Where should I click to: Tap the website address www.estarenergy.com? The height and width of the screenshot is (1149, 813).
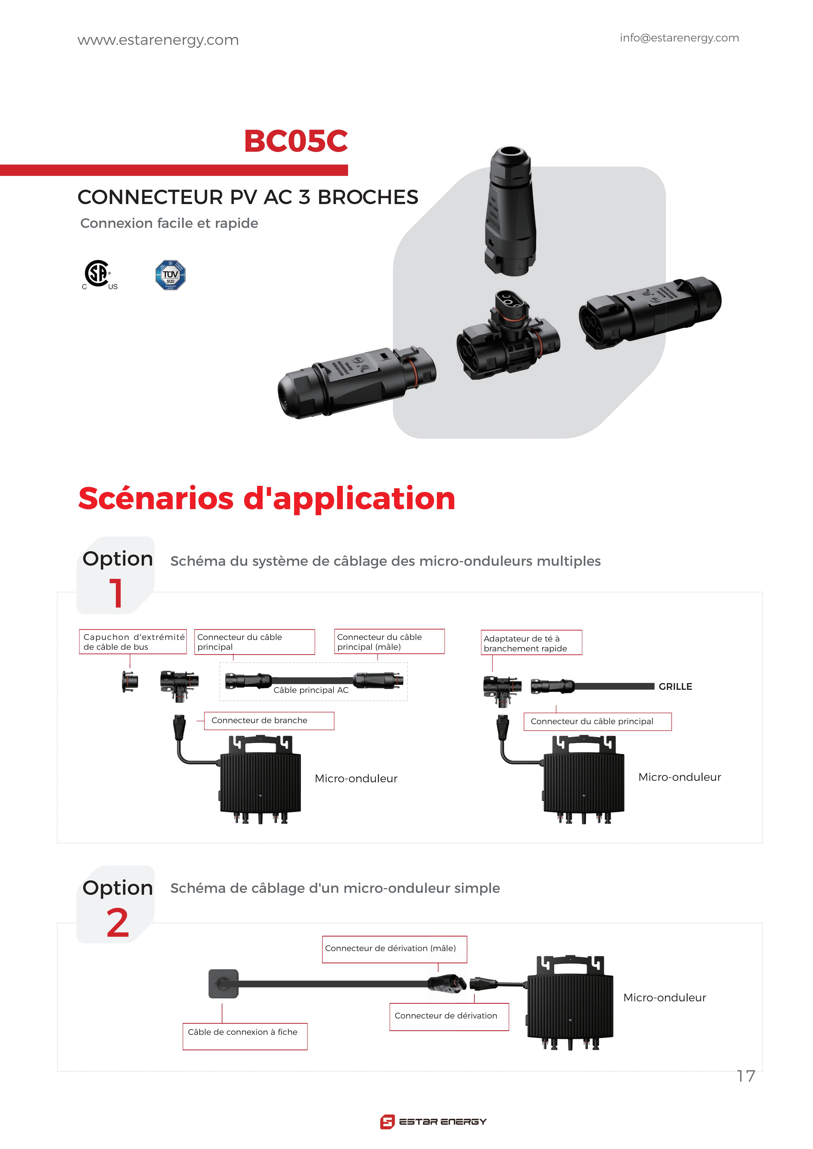(x=158, y=40)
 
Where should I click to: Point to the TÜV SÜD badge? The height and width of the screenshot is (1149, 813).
(x=170, y=275)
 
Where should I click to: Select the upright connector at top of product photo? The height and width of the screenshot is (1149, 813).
(x=510, y=210)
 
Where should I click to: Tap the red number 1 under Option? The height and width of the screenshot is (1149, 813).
(x=116, y=593)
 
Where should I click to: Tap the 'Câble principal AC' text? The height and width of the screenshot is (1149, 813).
(x=311, y=690)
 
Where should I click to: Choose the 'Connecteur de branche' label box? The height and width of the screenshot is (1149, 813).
(x=269, y=721)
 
